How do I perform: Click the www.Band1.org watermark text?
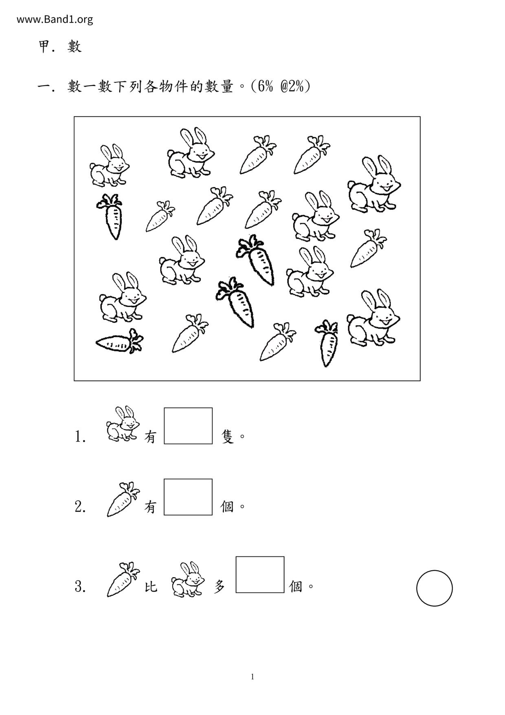pos(55,19)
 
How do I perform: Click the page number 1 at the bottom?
pos(253,677)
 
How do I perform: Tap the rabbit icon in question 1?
pos(122,424)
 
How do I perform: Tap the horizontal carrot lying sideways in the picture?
pos(119,341)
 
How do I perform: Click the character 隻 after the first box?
pos(228,437)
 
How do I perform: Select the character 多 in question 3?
pos(220,587)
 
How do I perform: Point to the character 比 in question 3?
pos(151,587)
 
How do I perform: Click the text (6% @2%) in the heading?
pos(281,86)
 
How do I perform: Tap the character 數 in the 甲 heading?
pos(75,46)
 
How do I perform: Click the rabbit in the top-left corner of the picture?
pos(109,165)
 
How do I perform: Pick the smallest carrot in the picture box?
pos(160,216)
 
